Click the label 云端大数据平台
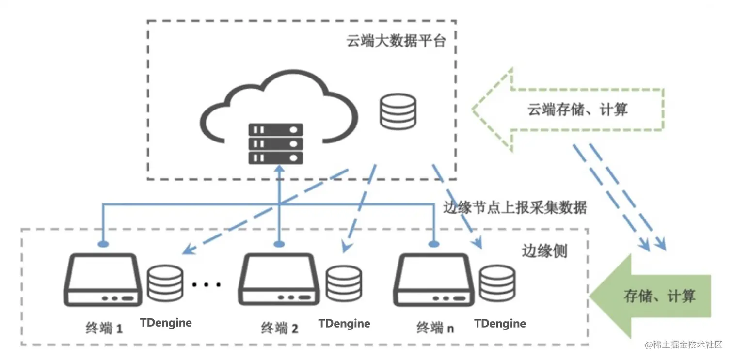pyautogui.click(x=396, y=41)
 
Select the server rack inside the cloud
pyautogui.click(x=276, y=144)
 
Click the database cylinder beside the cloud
pyautogui.click(x=398, y=111)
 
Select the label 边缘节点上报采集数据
pyautogui.click(x=515, y=207)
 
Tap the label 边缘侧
pyautogui.click(x=544, y=251)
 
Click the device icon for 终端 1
pyautogui.click(x=103, y=280)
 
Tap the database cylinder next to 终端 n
pyautogui.click(x=497, y=283)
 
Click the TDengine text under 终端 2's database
pyautogui.click(x=344, y=323)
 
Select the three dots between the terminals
pyautogui.click(x=207, y=284)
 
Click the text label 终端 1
pyautogui.click(x=103, y=328)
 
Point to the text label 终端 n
pyautogui.click(x=435, y=328)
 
